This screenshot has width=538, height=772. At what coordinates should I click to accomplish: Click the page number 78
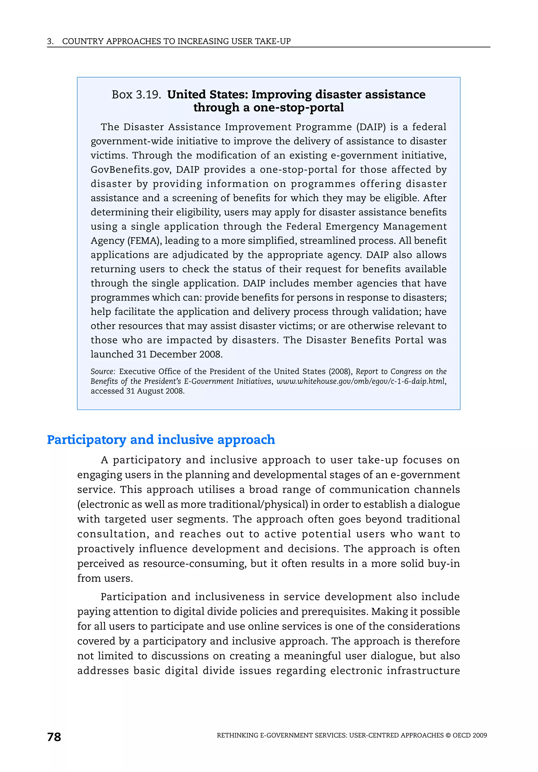54,737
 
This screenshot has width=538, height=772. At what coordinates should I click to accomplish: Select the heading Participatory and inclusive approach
161,440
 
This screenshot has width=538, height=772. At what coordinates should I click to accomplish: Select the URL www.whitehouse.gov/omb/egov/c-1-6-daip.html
360,381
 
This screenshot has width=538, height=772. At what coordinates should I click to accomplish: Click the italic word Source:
103,371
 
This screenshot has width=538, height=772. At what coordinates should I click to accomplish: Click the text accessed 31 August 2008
137,391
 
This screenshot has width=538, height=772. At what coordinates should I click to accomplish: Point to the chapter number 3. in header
50,41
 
